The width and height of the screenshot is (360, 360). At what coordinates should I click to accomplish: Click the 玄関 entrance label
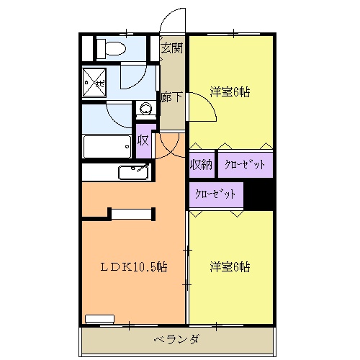[171, 48]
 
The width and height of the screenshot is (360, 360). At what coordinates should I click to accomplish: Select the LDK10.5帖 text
[133, 266]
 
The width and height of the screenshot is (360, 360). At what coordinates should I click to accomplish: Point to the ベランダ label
[176, 339]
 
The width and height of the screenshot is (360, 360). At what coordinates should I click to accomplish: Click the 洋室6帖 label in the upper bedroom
[230, 92]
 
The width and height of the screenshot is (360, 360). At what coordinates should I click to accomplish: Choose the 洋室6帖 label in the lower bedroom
[230, 266]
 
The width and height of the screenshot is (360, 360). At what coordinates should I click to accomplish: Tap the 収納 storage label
[201, 165]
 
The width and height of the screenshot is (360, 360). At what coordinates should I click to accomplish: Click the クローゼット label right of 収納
[245, 165]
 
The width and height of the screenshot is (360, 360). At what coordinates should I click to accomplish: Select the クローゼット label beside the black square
[216, 194]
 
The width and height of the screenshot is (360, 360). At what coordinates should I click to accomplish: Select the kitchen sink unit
[133, 172]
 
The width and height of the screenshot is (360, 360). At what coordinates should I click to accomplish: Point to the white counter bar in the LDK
[131, 212]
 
